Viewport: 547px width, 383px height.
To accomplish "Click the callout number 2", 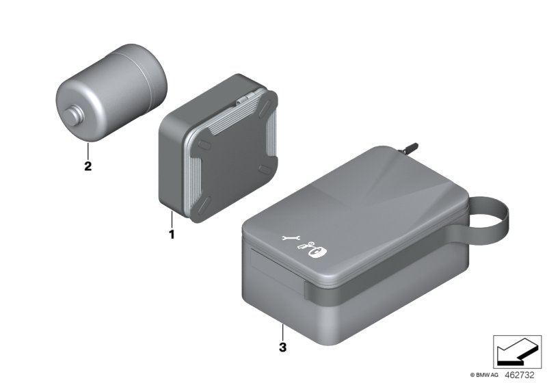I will coord(87,166).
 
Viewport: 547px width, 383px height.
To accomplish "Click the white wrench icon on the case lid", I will coord(290,239).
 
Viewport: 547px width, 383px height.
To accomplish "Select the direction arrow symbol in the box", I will coord(513,354).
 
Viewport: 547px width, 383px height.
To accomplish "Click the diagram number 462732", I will coord(522,374).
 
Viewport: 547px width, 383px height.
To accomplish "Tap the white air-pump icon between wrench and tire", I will coord(304,246).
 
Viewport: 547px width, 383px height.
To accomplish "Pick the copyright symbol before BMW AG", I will coord(472,375).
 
